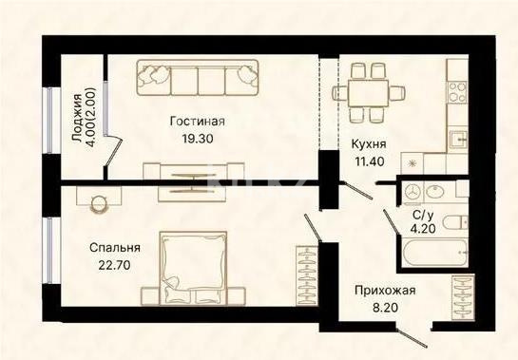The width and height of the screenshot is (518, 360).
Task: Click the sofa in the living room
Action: (x=198, y=77)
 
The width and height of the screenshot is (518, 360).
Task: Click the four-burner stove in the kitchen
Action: (x=458, y=92)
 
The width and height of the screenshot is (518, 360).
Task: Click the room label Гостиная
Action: (x=197, y=122)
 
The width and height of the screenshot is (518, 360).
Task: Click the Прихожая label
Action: (x=384, y=291)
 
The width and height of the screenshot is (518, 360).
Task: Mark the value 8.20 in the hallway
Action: (x=384, y=307)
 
